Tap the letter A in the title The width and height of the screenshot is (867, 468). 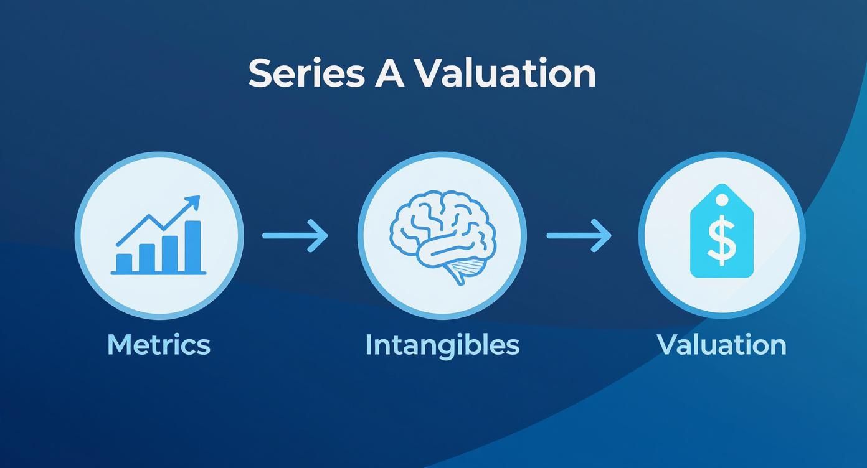tap(389, 73)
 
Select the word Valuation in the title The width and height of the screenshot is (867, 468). tap(504, 73)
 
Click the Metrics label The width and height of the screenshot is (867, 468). tap(158, 344)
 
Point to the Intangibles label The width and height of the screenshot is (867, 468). tap(442, 344)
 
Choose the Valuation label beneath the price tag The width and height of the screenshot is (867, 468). tap(721, 344)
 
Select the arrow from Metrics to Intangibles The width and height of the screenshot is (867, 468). tap(295, 235)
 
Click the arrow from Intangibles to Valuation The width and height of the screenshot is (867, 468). tap(579, 235)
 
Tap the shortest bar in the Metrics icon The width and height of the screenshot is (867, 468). tap(125, 263)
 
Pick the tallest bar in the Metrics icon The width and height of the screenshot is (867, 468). tap(193, 246)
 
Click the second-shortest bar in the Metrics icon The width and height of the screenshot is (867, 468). tap(147, 258)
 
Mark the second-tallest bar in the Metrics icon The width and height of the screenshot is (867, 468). tap(170, 253)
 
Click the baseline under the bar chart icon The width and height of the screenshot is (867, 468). tap(158, 273)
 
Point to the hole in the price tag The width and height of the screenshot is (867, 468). tap(721, 200)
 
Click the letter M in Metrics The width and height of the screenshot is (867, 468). tap(119, 344)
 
